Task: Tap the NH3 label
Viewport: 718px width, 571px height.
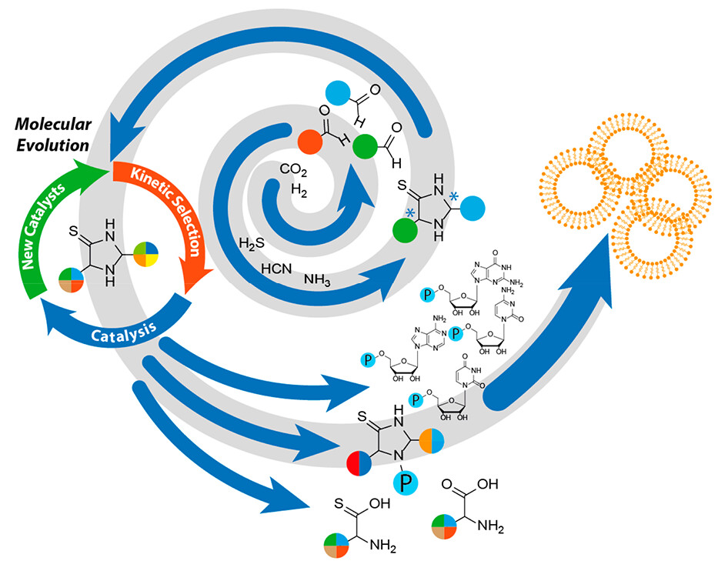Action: tap(318, 281)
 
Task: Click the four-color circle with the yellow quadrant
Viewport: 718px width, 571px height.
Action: tap(148, 253)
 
